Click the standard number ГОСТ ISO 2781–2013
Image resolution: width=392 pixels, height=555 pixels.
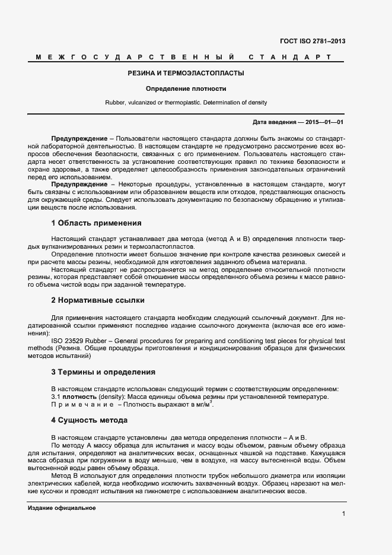tap(313, 42)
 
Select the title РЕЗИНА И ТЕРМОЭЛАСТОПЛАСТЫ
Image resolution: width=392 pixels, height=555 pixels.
tap(186, 74)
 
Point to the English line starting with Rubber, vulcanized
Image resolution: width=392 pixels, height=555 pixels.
tap(186, 103)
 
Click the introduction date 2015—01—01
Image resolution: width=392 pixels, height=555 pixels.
tap(324, 122)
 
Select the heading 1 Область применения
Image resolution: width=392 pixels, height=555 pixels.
tap(96, 223)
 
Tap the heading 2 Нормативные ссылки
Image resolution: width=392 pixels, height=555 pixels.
tap(97, 300)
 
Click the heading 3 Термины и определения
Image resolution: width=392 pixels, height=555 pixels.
tap(103, 372)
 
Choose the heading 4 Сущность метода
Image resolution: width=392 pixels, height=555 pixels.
tap(89, 420)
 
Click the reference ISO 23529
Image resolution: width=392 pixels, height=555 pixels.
tap(69, 341)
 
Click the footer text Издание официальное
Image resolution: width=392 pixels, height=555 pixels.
tap(62, 509)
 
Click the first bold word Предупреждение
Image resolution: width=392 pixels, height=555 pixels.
tap(79, 138)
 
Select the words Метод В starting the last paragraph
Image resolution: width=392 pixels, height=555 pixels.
tap(65, 476)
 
